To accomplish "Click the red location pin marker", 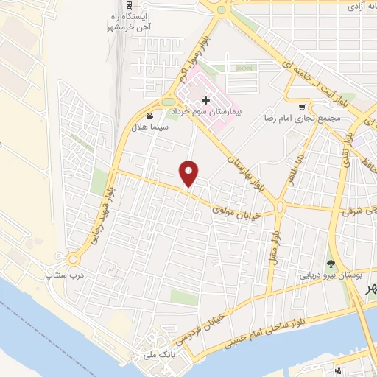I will (189, 173).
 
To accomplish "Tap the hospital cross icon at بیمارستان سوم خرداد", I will (206, 100).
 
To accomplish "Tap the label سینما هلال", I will (150, 127).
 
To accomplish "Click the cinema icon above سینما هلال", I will (150, 116).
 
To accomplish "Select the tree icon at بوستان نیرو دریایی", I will (331, 263).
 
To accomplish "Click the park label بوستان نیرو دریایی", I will (331, 275).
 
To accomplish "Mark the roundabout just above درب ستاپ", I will (72, 259).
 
